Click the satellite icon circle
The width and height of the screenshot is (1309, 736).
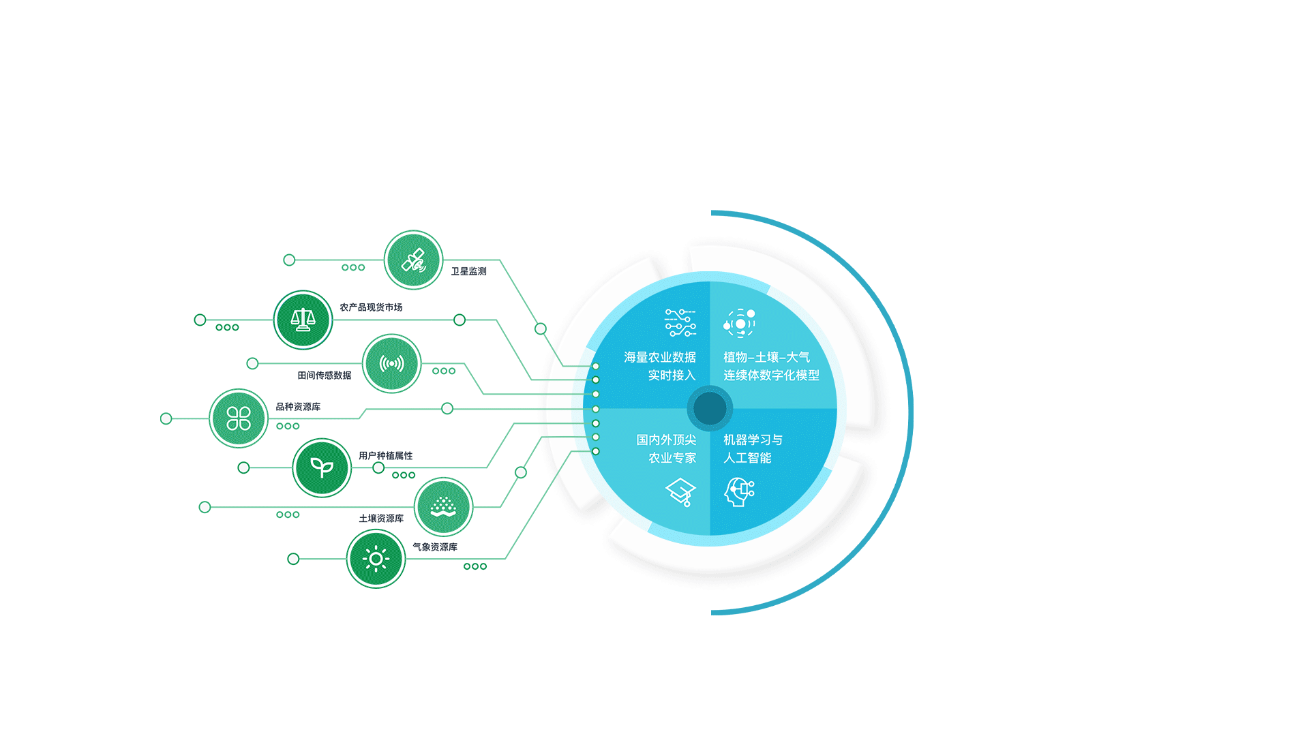[413, 260]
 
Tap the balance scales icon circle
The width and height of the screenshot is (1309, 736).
[303, 320]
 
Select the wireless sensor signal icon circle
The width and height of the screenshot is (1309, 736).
[391, 363]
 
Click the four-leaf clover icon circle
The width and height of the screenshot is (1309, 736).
[239, 418]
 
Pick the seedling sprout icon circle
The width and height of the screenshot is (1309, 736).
[322, 467]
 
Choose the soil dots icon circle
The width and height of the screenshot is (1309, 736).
[443, 507]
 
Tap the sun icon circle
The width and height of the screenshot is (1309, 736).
[376, 559]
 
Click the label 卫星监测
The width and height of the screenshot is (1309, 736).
[468, 271]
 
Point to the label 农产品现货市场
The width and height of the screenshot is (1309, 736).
[371, 307]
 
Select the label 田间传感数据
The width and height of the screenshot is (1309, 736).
[324, 375]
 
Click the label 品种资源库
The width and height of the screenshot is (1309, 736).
[298, 407]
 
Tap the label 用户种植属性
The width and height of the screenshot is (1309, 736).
[385, 456]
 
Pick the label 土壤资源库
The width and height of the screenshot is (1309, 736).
[381, 519]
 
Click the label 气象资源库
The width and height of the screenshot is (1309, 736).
[435, 547]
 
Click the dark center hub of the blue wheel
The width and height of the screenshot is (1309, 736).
[710, 408]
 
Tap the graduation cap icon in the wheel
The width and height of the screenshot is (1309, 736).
[680, 491]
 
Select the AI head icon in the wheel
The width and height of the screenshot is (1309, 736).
[739, 491]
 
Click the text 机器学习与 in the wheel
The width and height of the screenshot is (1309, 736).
[753, 440]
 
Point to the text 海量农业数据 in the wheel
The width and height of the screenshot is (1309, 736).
[659, 357]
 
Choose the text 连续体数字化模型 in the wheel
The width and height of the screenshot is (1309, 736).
[771, 375]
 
